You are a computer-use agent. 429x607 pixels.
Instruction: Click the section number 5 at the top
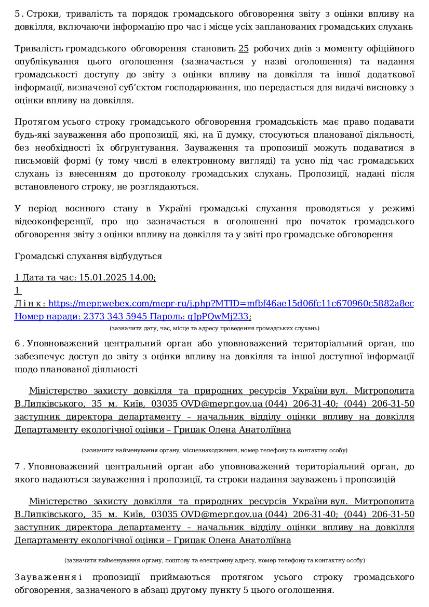(17, 14)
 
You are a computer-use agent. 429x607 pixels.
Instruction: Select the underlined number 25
(244, 49)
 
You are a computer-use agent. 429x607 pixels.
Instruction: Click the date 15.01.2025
(100, 278)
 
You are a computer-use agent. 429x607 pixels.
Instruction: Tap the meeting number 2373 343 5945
(122, 317)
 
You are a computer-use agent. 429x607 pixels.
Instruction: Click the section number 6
(17, 344)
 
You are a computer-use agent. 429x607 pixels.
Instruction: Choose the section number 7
(17, 467)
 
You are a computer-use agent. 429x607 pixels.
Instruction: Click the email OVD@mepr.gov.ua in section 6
(221, 404)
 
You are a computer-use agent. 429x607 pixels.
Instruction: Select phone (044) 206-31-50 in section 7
(379, 515)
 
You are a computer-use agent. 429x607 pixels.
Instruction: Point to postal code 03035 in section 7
(164, 515)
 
